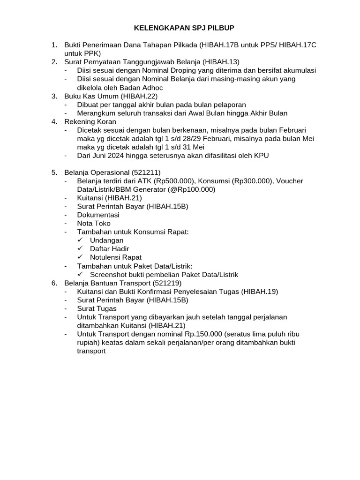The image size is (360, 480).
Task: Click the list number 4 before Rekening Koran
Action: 54,121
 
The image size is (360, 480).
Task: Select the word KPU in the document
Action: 261,156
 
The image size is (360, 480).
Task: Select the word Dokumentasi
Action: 98,215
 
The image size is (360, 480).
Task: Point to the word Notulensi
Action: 106,257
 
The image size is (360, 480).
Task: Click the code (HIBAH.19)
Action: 259,292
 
